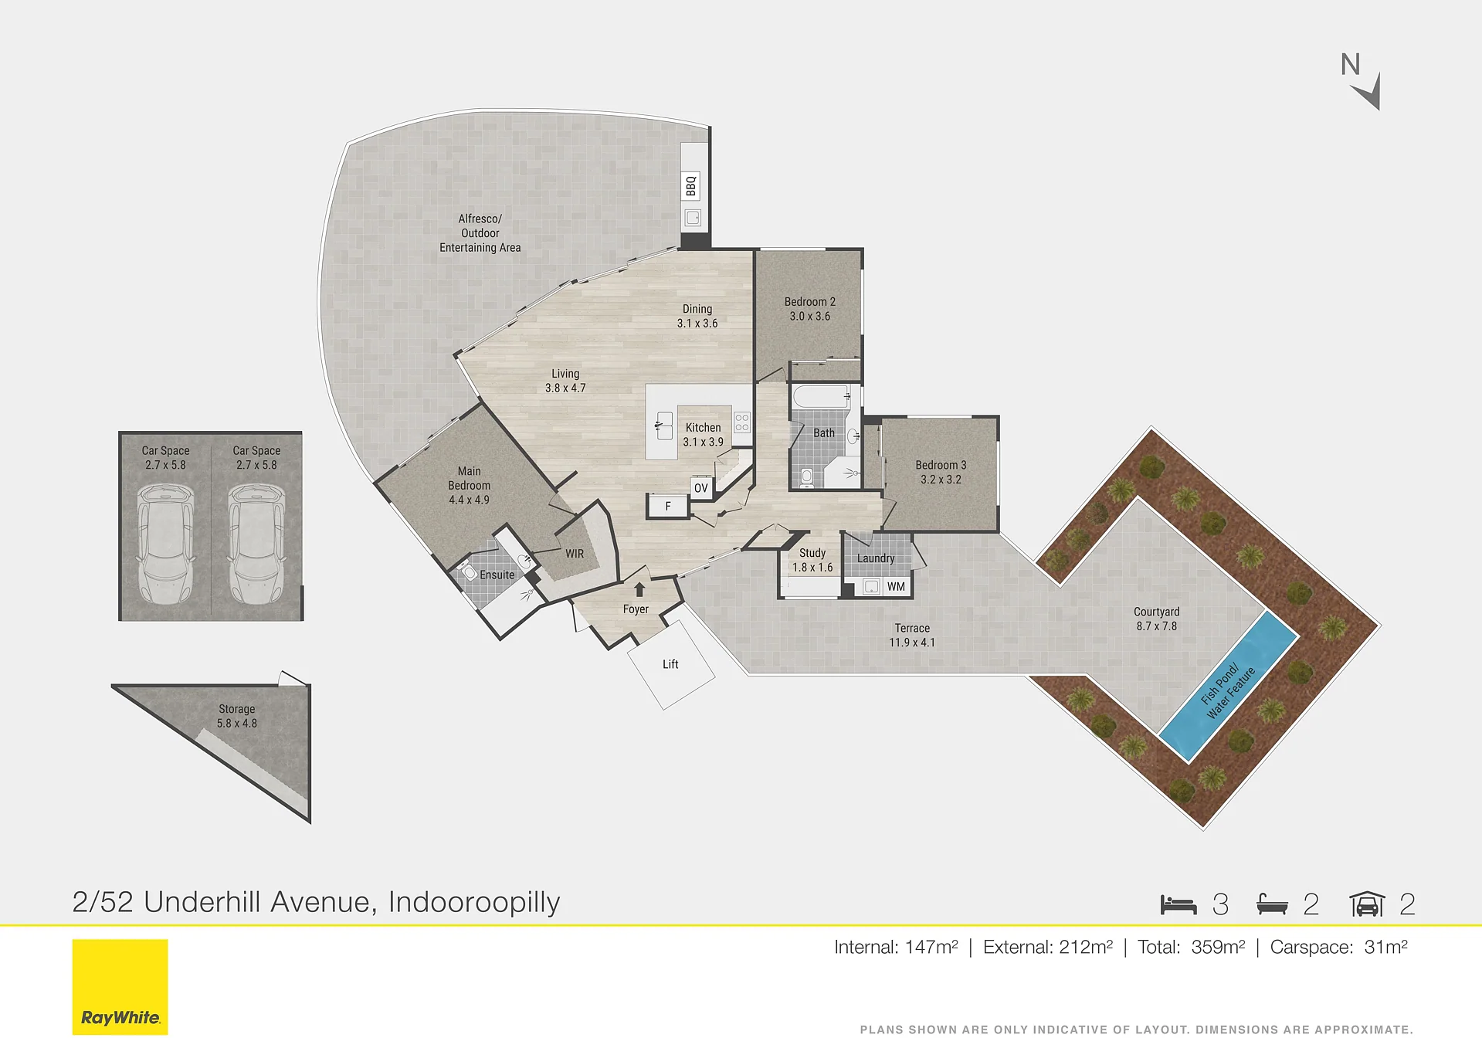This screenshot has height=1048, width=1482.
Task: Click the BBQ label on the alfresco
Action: (691, 186)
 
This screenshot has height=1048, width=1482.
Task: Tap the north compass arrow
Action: (1368, 93)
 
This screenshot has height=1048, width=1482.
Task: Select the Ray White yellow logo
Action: (120, 987)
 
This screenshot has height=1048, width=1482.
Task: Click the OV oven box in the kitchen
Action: (700, 488)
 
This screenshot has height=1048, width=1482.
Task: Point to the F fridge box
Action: (668, 507)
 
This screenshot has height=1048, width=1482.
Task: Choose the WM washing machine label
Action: (896, 587)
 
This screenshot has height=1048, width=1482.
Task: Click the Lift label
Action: (670, 664)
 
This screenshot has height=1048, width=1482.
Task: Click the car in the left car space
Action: (165, 544)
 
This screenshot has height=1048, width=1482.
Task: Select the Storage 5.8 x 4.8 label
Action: (237, 716)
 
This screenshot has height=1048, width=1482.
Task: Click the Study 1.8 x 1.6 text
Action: (812, 560)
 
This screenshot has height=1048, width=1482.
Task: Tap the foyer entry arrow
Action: (639, 589)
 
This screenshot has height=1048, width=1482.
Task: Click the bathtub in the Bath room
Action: (822, 398)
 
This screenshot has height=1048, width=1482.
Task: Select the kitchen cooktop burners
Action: (742, 422)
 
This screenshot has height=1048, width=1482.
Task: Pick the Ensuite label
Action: (497, 575)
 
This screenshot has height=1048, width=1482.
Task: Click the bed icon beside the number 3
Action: (1178, 904)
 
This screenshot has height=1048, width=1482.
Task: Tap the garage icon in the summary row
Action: (1367, 904)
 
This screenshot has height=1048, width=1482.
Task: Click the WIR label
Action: (575, 554)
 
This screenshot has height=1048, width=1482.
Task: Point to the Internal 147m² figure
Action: (896, 947)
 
